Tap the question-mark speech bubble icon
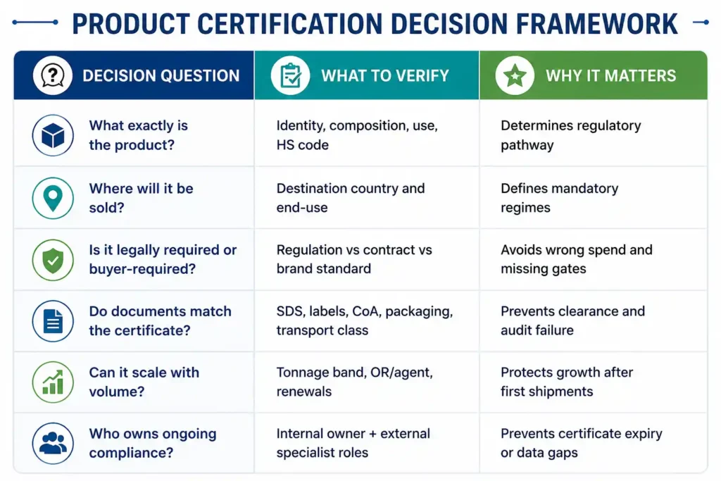point(53,75)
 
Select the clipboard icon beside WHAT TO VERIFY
point(290,75)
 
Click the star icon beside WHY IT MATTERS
point(515,75)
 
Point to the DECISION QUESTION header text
point(161,75)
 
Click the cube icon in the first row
point(53,135)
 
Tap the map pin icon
point(53,198)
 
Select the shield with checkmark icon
point(53,260)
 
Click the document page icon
point(53,321)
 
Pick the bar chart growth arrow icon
point(53,382)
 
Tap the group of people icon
point(53,443)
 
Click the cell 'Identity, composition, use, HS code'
point(357,135)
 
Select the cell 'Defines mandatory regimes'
point(560,198)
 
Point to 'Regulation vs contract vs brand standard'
point(354,259)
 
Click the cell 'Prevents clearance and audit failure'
point(572,320)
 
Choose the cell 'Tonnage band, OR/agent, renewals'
point(355,382)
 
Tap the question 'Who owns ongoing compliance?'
point(153,443)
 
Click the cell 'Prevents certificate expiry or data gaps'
point(581,443)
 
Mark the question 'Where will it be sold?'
point(141,198)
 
